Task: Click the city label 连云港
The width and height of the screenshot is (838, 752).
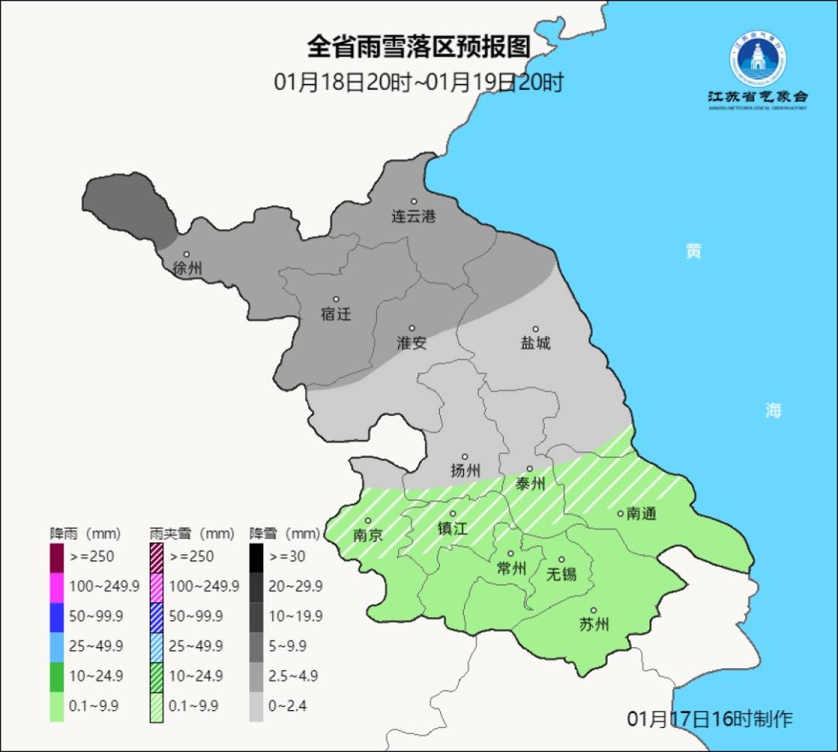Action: click(x=413, y=217)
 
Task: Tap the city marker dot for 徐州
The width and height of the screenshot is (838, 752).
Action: click(x=186, y=255)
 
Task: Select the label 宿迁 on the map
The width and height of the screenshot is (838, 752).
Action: click(x=336, y=314)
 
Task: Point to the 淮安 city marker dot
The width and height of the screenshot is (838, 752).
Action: click(x=412, y=328)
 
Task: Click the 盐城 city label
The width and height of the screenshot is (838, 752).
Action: click(x=535, y=343)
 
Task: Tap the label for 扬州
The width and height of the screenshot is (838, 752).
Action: click(x=466, y=471)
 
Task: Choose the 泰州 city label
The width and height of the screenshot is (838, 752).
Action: click(x=531, y=484)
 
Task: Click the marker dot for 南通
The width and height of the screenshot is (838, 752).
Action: click(x=620, y=513)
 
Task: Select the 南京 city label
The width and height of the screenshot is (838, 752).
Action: click(x=368, y=535)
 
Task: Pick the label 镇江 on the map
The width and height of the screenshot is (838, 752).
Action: click(x=452, y=528)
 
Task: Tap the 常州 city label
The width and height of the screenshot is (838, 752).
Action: click(x=511, y=569)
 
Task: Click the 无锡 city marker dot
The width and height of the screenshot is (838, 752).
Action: click(x=562, y=560)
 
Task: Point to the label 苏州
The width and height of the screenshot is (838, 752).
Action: click(x=594, y=625)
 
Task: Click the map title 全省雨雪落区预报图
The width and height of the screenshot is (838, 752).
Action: click(x=419, y=47)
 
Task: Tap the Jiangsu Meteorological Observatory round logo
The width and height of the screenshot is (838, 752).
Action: click(x=759, y=58)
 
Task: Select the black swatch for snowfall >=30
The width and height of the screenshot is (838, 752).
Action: click(x=256, y=556)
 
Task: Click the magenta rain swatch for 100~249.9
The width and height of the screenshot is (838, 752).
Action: click(x=57, y=586)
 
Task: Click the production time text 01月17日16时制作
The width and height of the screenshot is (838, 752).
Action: click(x=709, y=719)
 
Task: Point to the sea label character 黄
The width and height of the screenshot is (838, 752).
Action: click(x=694, y=251)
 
